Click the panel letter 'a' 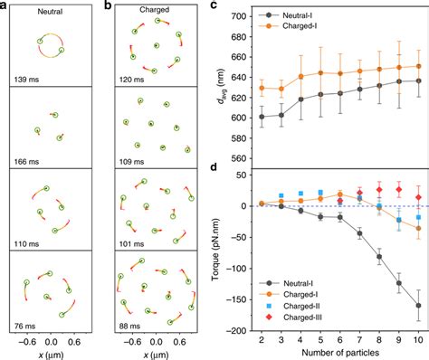6,6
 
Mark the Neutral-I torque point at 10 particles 417,306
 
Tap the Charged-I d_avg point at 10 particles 417,66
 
